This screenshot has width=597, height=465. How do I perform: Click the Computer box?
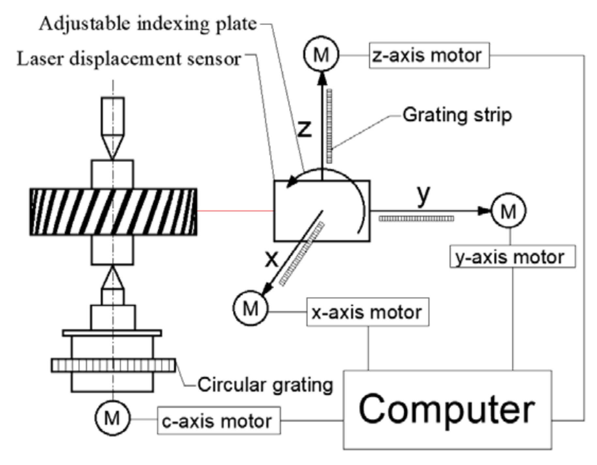447,410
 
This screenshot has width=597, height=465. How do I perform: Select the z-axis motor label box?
429,55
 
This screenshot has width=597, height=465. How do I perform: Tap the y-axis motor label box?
512,256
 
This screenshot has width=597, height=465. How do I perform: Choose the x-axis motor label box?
367,312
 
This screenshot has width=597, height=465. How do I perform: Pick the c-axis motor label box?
219,421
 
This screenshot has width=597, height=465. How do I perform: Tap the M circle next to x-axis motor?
251,308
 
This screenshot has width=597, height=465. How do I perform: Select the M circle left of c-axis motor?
113,418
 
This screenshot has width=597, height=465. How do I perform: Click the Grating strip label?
457,115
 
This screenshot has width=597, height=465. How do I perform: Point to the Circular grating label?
265,385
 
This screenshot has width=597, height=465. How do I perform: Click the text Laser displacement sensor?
129,59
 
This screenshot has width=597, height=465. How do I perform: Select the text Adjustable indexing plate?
148,24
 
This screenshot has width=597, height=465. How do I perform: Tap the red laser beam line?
235,211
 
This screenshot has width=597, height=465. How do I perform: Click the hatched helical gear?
113,211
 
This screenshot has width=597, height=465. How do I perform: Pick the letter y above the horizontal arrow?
423,195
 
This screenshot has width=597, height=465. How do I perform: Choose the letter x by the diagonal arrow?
271,259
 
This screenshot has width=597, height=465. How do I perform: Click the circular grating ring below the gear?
113,365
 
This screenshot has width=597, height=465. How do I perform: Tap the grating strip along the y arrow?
416,218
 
